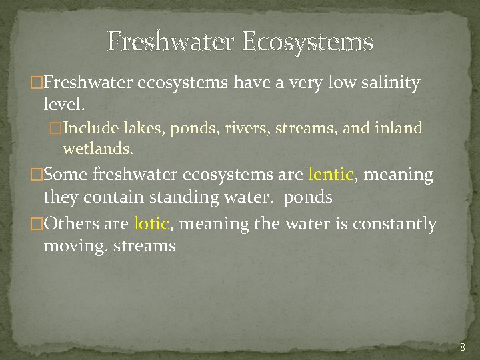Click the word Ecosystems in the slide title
pyautogui.click(x=307, y=42)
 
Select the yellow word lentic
pyautogui.click(x=331, y=175)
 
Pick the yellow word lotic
pyautogui.click(x=151, y=223)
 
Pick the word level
pyautogui.click(x=64, y=104)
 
